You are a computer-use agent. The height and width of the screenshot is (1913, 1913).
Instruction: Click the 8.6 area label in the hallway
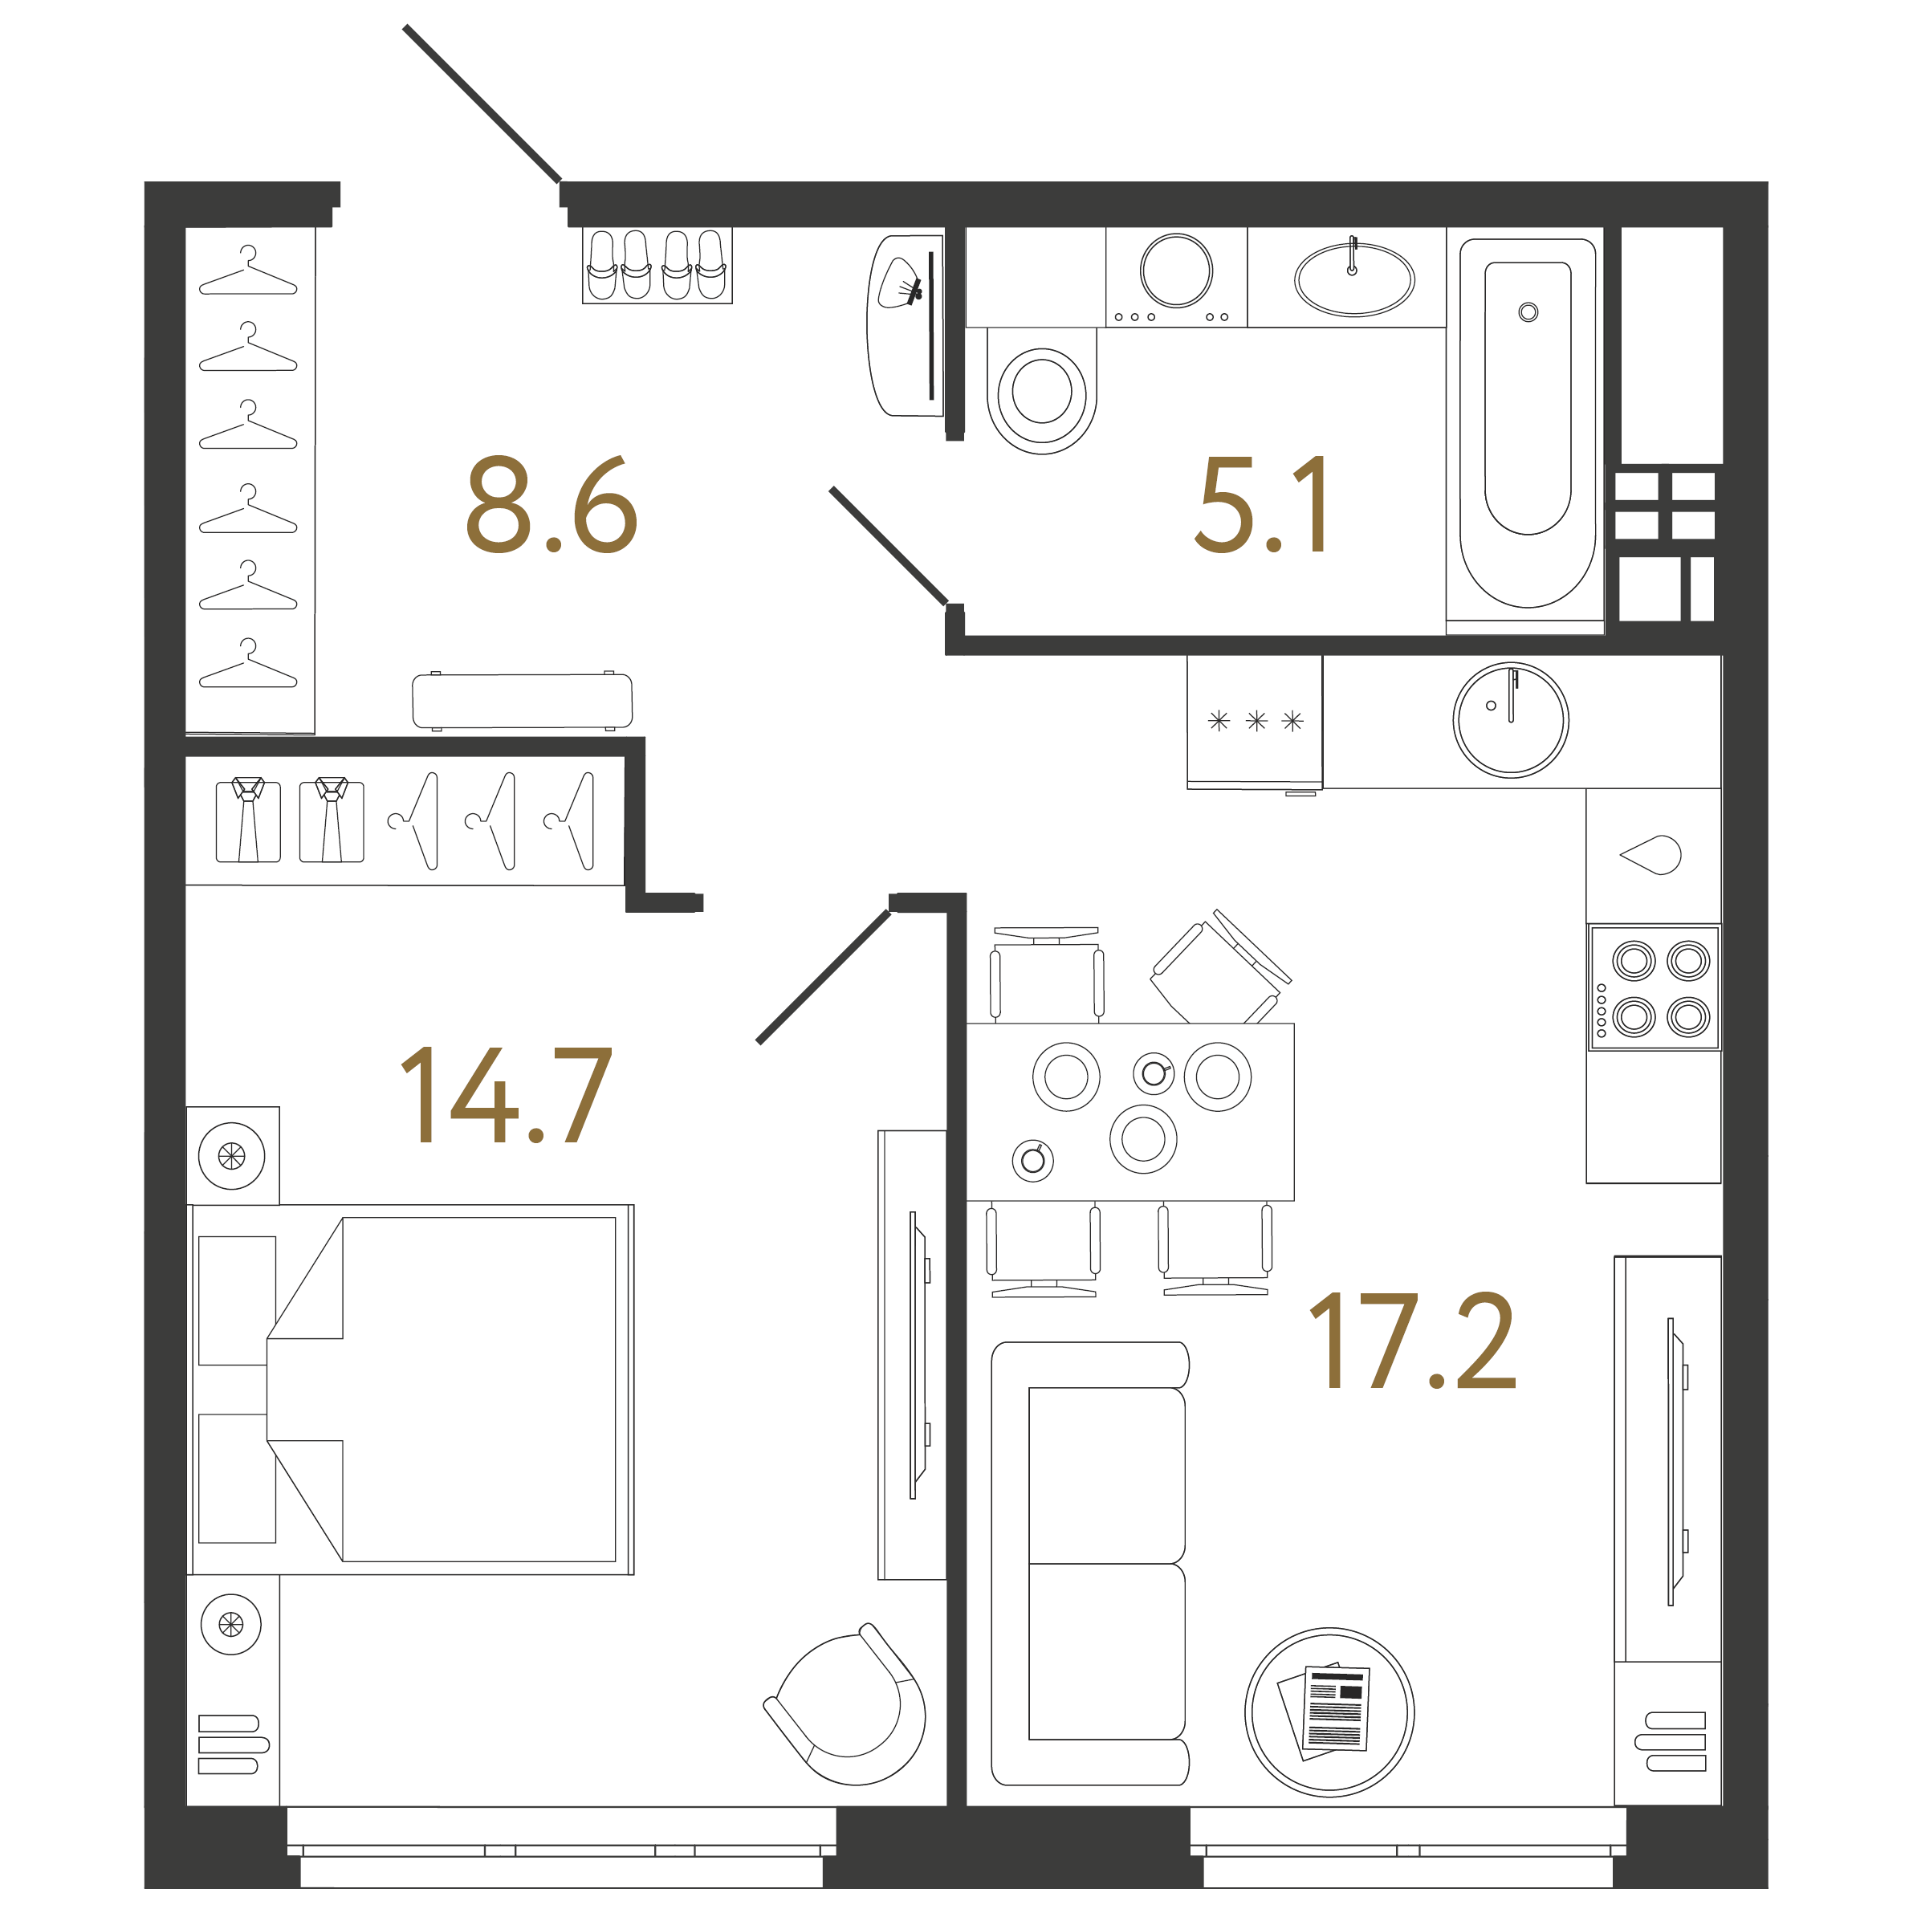[x=552, y=505]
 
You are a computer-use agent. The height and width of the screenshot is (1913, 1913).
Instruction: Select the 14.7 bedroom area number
[x=506, y=1095]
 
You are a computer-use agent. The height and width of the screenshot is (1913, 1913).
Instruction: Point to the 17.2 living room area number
[x=1413, y=1341]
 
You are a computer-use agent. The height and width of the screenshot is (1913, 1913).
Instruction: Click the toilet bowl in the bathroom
[x=1042, y=391]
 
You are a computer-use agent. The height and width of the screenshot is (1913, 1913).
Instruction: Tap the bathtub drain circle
[x=1528, y=313]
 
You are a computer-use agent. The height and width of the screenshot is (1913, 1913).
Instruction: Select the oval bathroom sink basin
[x=1353, y=280]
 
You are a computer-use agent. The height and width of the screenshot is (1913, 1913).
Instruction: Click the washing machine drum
[x=1176, y=271]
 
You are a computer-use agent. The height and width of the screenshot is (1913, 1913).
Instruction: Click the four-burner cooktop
[x=1655, y=987]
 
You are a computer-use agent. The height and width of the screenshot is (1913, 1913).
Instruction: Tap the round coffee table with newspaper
[x=1329, y=1712]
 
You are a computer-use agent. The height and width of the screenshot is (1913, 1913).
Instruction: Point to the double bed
[x=411, y=1390]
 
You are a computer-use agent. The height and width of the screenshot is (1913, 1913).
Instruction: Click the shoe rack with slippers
[x=657, y=266]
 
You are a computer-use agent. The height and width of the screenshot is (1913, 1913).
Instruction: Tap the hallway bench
[x=522, y=701]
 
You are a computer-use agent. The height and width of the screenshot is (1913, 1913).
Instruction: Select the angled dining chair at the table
[x=1221, y=967]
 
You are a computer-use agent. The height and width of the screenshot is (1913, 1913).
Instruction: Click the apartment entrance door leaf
[x=482, y=104]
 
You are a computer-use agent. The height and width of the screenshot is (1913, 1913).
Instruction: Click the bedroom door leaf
[x=824, y=976]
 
